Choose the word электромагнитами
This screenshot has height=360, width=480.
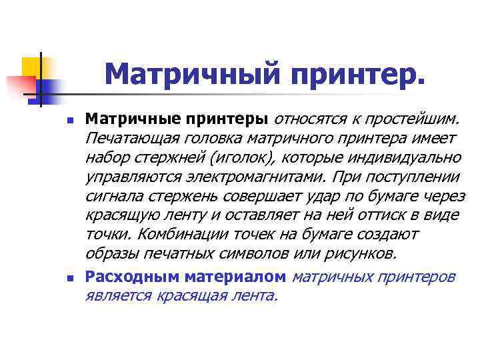tap(249, 179)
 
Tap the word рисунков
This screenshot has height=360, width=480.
tap(361, 254)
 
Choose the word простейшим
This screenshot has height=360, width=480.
tap(414, 120)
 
